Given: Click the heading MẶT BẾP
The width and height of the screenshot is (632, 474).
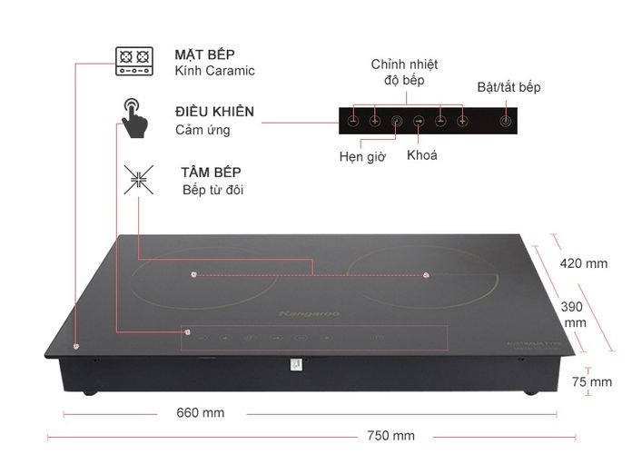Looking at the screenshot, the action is tap(203, 54).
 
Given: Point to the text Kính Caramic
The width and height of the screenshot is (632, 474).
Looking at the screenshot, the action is tap(214, 71).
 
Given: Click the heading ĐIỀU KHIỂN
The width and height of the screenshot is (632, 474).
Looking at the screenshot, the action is tap(214, 112).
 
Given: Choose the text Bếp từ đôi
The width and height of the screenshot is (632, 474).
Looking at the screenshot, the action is tap(212, 190).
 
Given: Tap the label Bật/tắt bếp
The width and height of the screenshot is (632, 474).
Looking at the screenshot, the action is tap(509, 87).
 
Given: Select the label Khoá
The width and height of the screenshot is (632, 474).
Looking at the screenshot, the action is tap(422, 155).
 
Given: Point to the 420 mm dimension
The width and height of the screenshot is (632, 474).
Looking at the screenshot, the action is tap(583, 263).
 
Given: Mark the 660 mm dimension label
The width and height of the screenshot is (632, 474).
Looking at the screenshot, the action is tap(200, 412).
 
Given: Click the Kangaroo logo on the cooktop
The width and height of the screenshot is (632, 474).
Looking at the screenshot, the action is tap(314, 315).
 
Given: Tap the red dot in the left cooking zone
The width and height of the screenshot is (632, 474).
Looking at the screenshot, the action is tap(194, 273).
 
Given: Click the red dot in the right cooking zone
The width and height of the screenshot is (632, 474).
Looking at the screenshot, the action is tap(425, 274).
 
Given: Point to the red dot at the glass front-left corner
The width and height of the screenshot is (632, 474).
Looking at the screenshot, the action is tap(75, 346).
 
